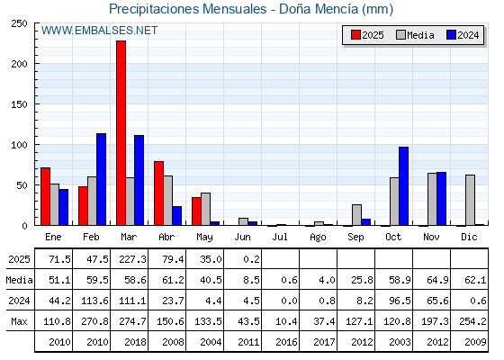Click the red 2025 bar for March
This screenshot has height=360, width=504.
(x=121, y=133)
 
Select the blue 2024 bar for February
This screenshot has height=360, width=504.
(x=101, y=179)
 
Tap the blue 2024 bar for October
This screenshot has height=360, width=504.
(x=404, y=186)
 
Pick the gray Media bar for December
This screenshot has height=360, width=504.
(x=470, y=200)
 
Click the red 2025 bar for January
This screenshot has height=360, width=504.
(x=46, y=196)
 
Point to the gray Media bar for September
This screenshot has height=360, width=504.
(x=356, y=215)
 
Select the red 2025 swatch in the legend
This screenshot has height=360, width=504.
(x=355, y=35)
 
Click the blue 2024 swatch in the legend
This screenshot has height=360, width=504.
(x=451, y=35)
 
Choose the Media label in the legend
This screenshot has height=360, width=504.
(x=420, y=35)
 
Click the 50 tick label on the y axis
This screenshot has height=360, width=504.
(x=22, y=185)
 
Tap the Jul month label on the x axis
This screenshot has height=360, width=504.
(x=280, y=237)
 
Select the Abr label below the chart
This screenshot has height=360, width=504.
(x=166, y=237)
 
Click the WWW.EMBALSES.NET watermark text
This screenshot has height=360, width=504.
(x=99, y=31)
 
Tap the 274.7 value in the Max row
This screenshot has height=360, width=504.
(x=132, y=321)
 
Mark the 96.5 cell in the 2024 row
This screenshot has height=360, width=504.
(x=400, y=301)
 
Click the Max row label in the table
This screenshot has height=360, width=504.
(x=19, y=321)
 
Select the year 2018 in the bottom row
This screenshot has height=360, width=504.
(x=135, y=342)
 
